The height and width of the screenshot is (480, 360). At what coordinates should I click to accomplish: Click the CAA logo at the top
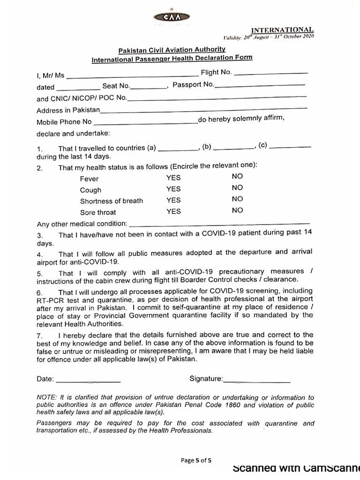[172, 17]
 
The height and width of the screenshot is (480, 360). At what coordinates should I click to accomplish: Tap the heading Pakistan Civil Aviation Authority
[172, 49]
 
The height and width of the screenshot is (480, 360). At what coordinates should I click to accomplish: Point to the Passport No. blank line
[260, 85]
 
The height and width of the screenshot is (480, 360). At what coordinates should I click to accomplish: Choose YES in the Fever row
[173, 178]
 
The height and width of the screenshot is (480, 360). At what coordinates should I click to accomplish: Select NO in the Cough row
[237, 187]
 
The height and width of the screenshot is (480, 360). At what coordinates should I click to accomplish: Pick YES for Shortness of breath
[173, 200]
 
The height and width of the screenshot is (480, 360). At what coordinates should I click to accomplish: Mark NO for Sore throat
[237, 210]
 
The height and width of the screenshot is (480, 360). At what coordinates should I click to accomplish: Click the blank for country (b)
[233, 148]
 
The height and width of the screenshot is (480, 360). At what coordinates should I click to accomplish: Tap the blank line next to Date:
[88, 379]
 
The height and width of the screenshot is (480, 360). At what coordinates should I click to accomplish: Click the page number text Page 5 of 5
[196, 460]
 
